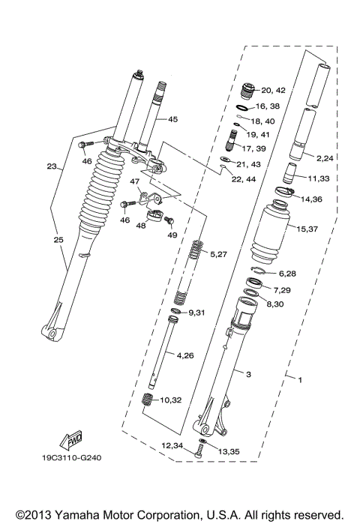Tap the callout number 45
[172, 119]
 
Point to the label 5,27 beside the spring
[219, 255]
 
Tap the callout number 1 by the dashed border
[300, 381]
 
